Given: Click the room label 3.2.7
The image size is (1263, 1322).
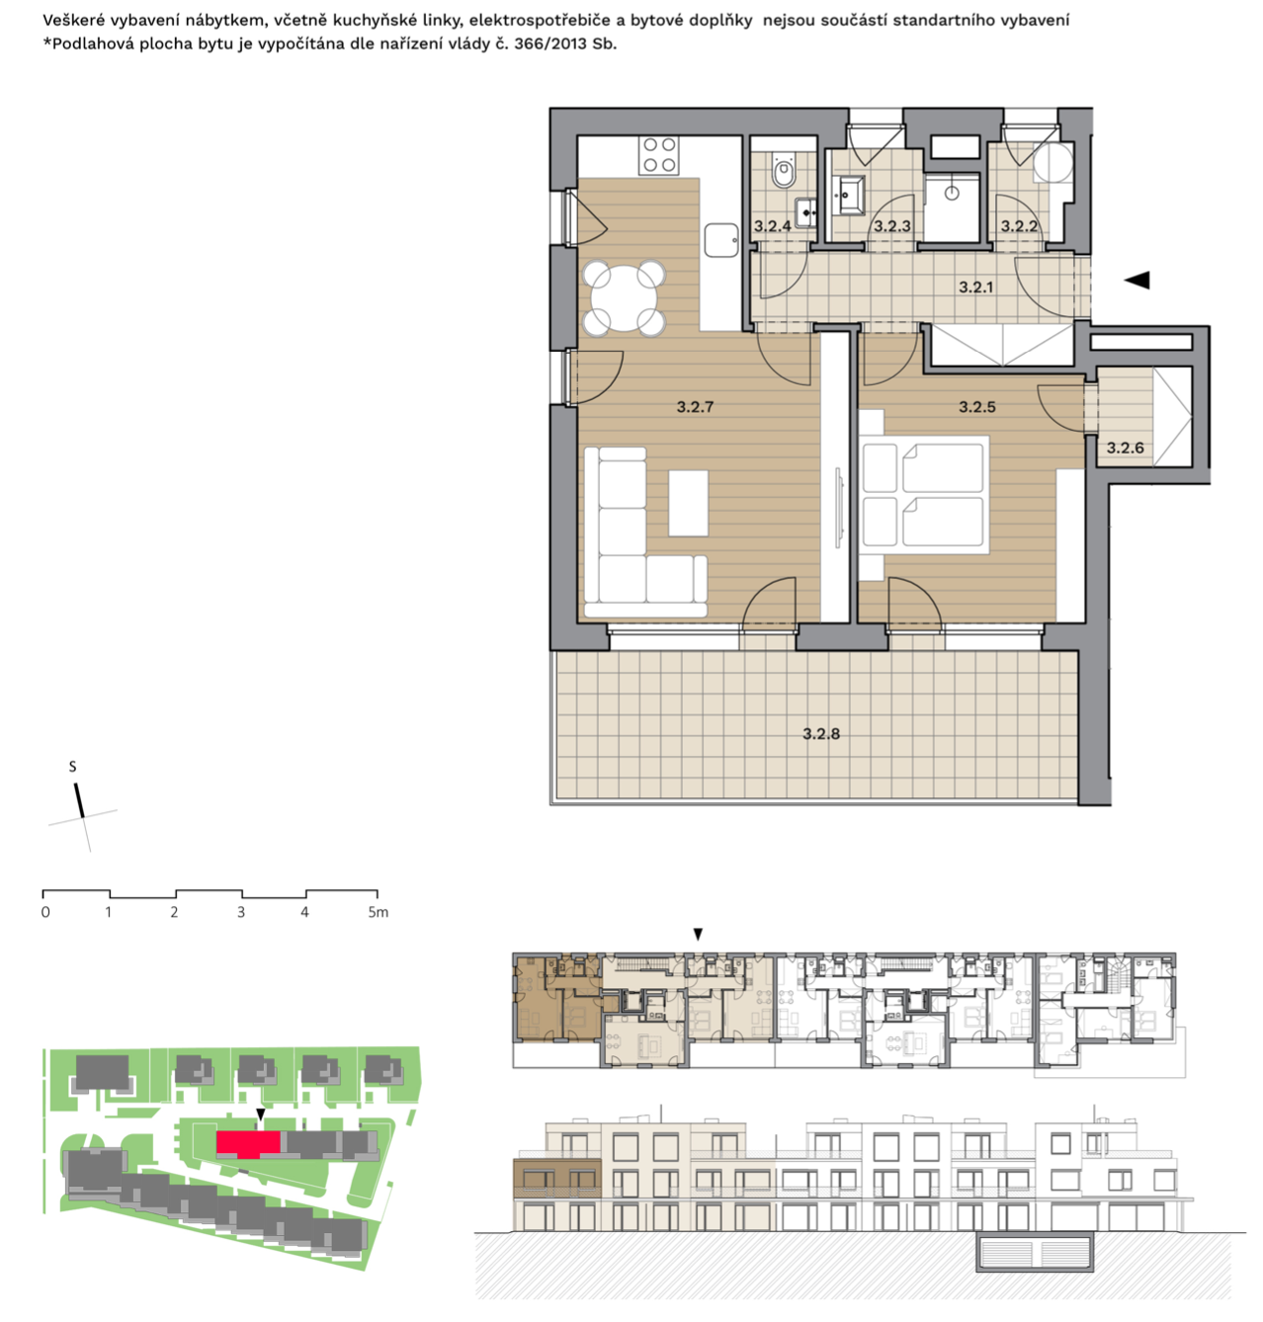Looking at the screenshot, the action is point(695,407).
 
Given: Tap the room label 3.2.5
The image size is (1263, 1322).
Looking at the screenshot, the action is point(976,407).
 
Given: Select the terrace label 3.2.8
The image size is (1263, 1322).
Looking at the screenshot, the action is point(820,734).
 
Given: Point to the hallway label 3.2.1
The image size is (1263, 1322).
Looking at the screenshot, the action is point(975,288).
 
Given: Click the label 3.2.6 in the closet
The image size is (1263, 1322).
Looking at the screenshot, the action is point(1125,448).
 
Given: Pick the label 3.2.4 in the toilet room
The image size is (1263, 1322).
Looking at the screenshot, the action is point(772,226).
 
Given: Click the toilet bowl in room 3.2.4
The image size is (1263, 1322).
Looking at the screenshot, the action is point(784,170).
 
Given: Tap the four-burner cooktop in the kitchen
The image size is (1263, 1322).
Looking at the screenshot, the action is point(659,155).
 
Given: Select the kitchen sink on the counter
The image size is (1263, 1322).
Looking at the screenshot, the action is point(720,240).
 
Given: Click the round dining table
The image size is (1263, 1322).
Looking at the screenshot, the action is point(624,298).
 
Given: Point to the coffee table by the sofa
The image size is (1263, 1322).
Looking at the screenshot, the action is point(688,503).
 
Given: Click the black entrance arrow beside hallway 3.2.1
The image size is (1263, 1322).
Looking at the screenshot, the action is point(1136,280).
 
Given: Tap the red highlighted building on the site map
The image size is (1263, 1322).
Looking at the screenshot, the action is point(248,1142).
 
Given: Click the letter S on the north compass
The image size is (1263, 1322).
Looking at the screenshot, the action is point(73,767).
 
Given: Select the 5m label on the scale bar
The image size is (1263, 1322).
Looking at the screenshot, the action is point(378,912).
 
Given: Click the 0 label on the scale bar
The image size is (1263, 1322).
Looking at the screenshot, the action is point(45,912).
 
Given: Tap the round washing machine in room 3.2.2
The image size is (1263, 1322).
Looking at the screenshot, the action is point(1053,162).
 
